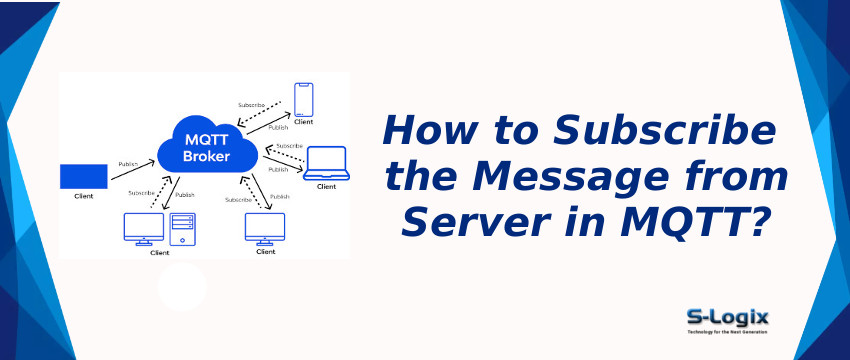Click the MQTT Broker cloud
[x=207, y=144]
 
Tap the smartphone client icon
[x=304, y=99]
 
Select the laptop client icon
[x=326, y=162]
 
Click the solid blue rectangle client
[x=83, y=176]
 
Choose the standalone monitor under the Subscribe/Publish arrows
[x=265, y=227]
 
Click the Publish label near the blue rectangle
[x=129, y=164]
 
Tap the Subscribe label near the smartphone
[x=252, y=105]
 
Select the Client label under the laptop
[x=326, y=187]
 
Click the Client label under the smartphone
[x=304, y=122]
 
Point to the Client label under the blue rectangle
[x=84, y=196]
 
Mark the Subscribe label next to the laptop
[x=289, y=146]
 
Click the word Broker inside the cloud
[x=207, y=157]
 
